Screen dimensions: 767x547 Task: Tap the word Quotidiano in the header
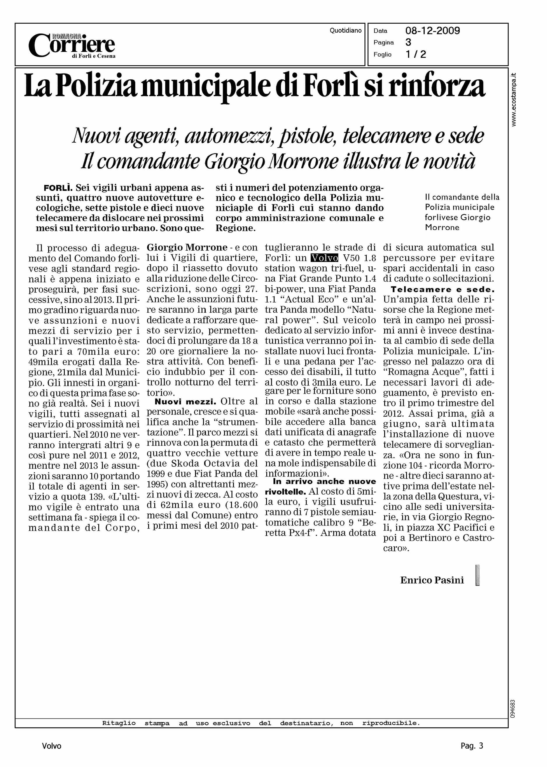[x=345, y=31]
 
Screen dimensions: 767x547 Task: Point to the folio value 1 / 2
[x=416, y=54]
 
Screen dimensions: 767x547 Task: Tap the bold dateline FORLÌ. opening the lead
[x=58, y=188]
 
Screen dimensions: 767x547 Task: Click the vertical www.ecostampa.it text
[x=514, y=100]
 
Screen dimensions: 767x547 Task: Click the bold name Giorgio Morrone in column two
[x=187, y=248]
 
